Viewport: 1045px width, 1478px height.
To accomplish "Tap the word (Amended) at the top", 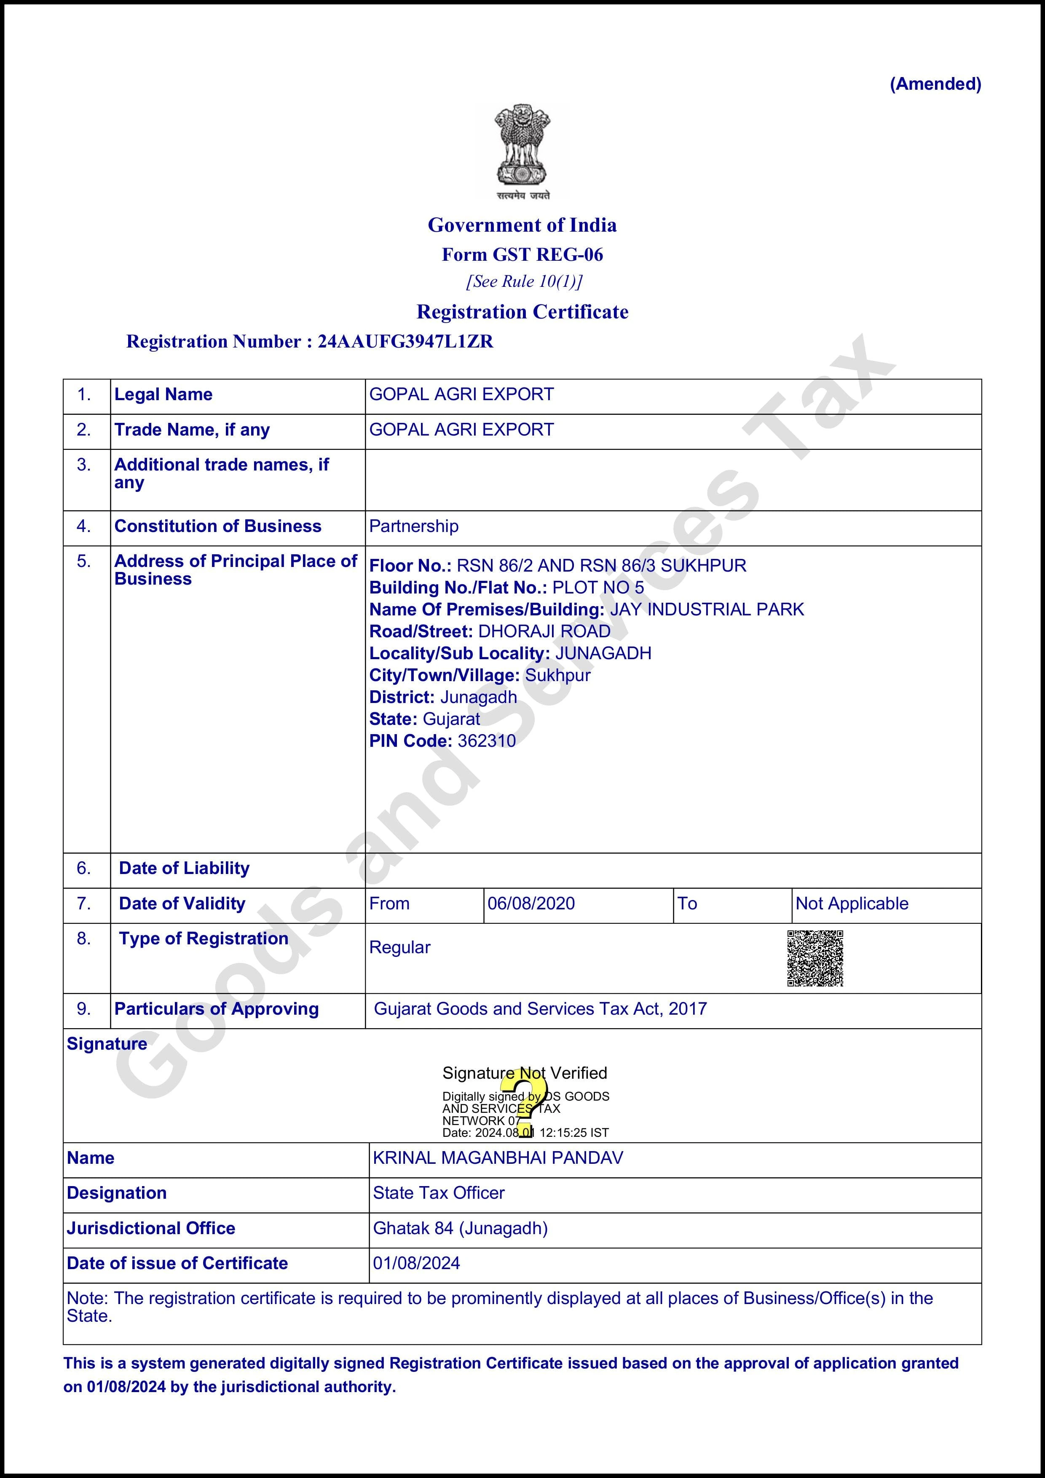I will click(935, 84).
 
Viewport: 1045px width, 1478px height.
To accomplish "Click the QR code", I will click(815, 958).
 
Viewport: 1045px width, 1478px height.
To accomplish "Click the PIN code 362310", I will click(486, 741).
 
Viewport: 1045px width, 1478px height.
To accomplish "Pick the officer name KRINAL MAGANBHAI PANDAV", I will click(498, 1158).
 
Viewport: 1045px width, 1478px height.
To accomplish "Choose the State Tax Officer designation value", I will click(439, 1193).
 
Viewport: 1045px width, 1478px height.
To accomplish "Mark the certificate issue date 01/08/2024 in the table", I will click(416, 1263).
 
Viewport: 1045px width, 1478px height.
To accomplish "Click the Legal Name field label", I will click(163, 395).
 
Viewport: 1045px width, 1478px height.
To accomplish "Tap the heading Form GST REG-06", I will click(522, 255).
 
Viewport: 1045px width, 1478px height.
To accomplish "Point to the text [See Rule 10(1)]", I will click(523, 282).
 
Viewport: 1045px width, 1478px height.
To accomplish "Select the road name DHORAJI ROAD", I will click(544, 631).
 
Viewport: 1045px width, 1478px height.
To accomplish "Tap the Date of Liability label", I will click(184, 869).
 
